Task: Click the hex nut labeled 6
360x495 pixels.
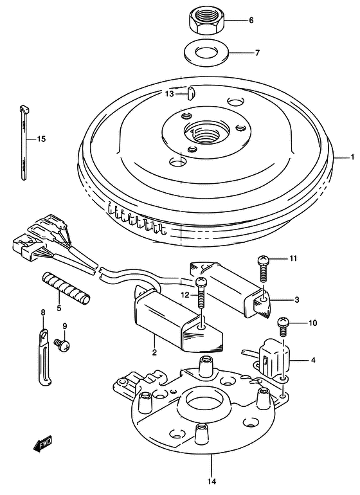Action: click(205, 20)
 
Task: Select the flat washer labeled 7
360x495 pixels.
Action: click(205, 51)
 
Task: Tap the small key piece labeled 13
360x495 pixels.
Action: click(191, 94)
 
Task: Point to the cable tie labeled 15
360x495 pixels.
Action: click(24, 143)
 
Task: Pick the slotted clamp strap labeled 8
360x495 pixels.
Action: click(44, 357)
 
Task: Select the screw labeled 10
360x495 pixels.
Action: click(283, 327)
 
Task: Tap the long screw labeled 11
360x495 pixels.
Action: click(263, 268)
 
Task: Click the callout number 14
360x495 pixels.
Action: click(212, 481)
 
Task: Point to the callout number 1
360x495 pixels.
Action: click(352, 157)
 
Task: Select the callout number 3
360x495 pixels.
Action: click(296, 300)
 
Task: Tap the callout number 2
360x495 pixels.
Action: click(154, 352)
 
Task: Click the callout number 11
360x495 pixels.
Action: click(293, 259)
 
